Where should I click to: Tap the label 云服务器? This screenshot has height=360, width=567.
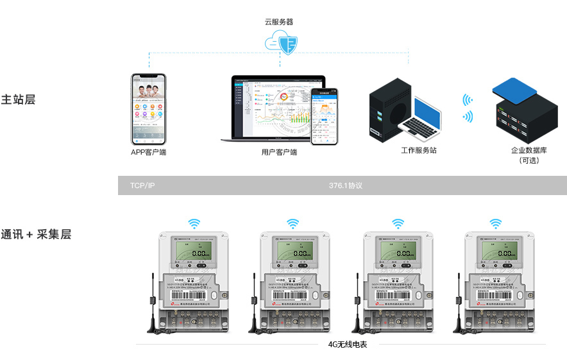(279, 22)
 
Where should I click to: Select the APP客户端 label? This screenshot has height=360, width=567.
(148, 152)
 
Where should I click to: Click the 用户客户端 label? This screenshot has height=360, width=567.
(279, 152)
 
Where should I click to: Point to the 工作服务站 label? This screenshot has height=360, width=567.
(418, 150)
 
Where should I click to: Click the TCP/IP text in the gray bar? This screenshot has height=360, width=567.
(142, 185)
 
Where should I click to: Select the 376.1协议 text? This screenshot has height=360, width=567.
(346, 185)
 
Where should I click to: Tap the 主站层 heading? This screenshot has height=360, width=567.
(18, 100)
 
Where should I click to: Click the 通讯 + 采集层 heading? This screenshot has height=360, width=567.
(36, 234)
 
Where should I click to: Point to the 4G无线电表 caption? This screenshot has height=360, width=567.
(348, 345)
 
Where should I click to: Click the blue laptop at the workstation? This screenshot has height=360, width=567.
(420, 119)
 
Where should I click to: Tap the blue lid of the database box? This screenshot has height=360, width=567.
(514, 89)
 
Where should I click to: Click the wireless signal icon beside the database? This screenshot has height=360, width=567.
(468, 108)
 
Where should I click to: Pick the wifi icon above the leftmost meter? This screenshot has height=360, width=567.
(194, 223)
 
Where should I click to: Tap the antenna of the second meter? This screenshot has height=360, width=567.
(254, 302)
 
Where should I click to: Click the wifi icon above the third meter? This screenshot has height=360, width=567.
(398, 223)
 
